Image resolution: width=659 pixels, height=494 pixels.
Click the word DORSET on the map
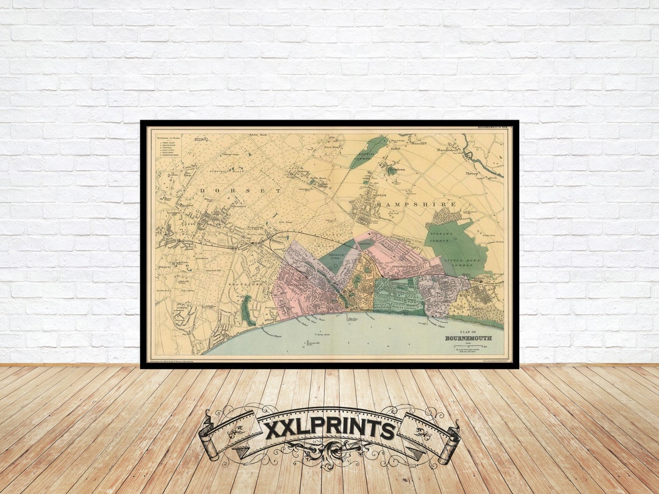coord(240,191)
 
